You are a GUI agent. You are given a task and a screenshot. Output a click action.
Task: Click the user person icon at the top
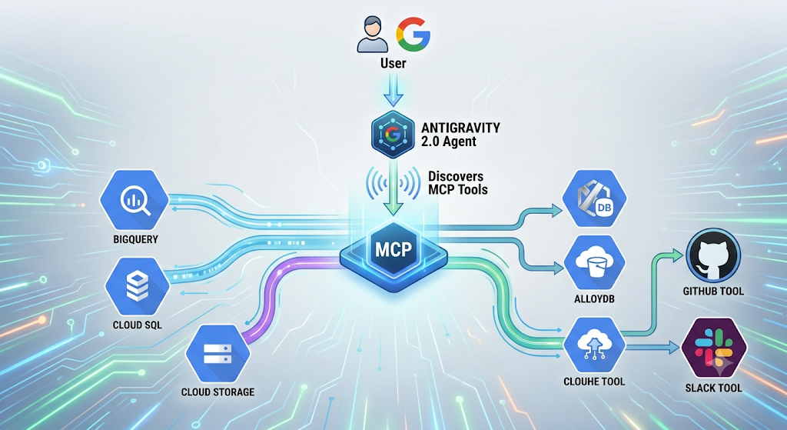(373, 34)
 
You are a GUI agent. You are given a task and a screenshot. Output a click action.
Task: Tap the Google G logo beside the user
(413, 34)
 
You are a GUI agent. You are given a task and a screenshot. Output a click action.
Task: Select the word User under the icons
(393, 63)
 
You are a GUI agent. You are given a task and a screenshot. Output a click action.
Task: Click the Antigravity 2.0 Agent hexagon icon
(393, 135)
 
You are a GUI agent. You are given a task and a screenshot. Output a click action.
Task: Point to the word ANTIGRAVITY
(460, 128)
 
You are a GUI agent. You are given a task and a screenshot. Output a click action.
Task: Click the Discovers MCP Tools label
(458, 183)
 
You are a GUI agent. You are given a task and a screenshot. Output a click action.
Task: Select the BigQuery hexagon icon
(134, 200)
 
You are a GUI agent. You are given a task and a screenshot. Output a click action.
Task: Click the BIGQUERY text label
(135, 239)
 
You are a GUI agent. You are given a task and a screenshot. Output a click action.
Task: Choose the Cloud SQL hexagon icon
(137, 287)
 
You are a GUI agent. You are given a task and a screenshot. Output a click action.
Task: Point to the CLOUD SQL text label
(137, 325)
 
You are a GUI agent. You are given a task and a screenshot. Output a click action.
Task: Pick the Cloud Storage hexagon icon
(218, 354)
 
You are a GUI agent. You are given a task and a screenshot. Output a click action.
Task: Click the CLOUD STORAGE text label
(218, 392)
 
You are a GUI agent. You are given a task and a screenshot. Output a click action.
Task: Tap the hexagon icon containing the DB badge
(594, 198)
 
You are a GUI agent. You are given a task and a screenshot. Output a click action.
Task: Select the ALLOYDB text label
(594, 299)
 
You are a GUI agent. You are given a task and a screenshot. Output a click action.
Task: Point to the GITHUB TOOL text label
(713, 292)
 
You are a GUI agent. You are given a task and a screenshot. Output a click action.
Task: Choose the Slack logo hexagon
(714, 348)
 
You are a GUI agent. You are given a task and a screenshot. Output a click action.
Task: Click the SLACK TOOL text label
(714, 388)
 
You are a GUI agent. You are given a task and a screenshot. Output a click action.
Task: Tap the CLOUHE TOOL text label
(594, 382)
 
